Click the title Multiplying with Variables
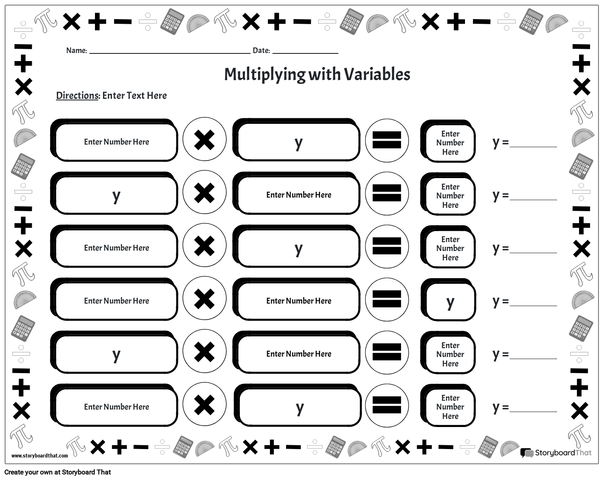point(317,74)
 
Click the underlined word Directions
point(77,95)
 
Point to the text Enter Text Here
point(134,95)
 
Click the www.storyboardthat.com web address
point(39,455)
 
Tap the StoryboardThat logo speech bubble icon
point(527,453)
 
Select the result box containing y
point(450,302)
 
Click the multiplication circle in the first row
point(204,140)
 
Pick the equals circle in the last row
point(387,405)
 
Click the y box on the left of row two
point(116,195)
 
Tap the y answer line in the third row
point(533,250)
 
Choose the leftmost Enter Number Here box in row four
point(116,301)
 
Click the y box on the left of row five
point(116,354)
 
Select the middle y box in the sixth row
point(299,407)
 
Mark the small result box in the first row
point(450,143)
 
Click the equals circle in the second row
point(387,193)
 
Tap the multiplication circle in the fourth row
point(204,299)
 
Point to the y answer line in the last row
point(533,409)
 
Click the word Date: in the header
point(261,50)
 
